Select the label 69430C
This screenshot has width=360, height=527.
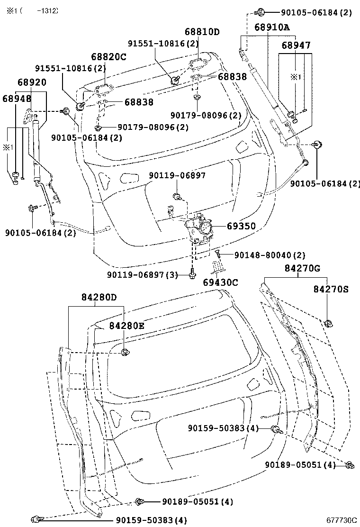(x=220, y=282)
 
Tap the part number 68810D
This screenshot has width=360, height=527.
(x=202, y=32)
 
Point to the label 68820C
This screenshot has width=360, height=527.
(x=108, y=57)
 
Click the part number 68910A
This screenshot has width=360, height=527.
(x=272, y=27)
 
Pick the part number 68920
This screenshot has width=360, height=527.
(x=32, y=82)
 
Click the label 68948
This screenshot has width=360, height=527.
(x=17, y=99)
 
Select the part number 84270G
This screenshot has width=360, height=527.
(x=302, y=268)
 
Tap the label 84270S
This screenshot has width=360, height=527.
(x=331, y=289)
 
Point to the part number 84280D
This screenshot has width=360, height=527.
(x=99, y=298)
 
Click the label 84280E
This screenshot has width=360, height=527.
(x=126, y=326)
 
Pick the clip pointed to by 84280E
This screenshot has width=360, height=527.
(x=126, y=352)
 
